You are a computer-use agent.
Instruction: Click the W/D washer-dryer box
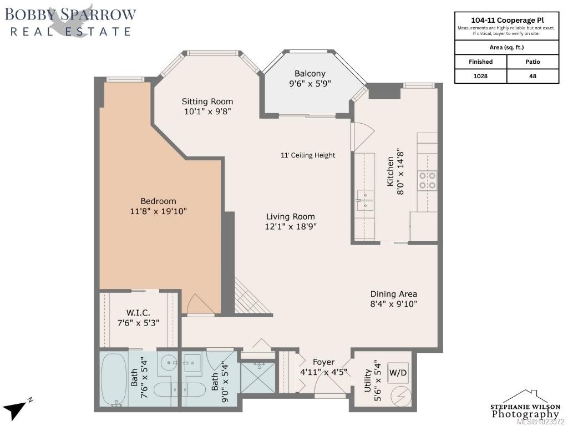click(398, 373)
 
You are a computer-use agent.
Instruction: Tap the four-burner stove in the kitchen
click(427, 180)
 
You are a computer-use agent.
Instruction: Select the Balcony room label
click(310, 74)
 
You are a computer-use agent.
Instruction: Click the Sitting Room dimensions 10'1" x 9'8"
click(207, 111)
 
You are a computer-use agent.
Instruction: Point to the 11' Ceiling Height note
click(308, 155)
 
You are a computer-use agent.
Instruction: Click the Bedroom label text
click(158, 201)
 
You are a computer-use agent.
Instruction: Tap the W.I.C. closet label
click(138, 313)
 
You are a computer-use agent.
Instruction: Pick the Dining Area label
click(393, 294)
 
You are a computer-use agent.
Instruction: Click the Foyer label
click(323, 362)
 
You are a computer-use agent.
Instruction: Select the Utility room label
click(368, 381)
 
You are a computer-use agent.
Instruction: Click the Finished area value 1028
click(480, 76)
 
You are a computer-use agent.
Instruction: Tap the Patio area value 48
click(532, 76)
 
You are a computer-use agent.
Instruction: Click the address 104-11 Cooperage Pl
click(507, 21)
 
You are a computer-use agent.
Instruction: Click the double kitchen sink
click(365, 200)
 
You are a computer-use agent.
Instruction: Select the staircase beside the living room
click(253, 296)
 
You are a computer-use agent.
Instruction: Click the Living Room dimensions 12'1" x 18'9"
click(291, 227)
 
